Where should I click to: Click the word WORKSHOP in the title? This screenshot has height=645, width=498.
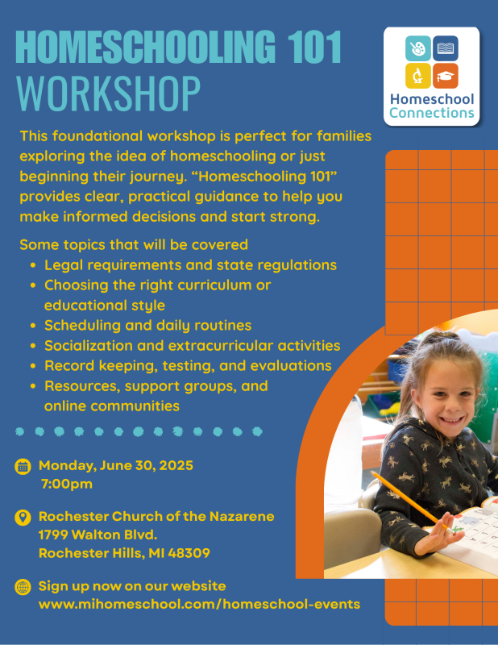[108, 94]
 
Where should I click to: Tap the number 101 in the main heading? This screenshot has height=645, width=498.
[314, 47]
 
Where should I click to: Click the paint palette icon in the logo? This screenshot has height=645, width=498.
[417, 48]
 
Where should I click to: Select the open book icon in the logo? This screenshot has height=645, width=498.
[446, 48]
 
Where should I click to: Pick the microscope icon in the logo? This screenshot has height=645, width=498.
[417, 76]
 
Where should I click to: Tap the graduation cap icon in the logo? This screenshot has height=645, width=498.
[446, 76]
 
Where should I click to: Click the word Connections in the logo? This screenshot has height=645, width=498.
[432, 113]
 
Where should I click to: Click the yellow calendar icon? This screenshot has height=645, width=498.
[23, 467]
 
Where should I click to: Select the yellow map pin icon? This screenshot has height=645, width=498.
[23, 518]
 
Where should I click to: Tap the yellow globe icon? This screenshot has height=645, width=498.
[23, 587]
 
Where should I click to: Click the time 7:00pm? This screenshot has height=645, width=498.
[67, 484]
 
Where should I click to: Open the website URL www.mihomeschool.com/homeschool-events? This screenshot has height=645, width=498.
[200, 604]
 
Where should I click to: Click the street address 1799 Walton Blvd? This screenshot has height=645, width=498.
[98, 535]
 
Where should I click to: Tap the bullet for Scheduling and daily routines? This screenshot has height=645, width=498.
[33, 326]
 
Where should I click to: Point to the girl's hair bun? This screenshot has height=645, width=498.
[441, 338]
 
